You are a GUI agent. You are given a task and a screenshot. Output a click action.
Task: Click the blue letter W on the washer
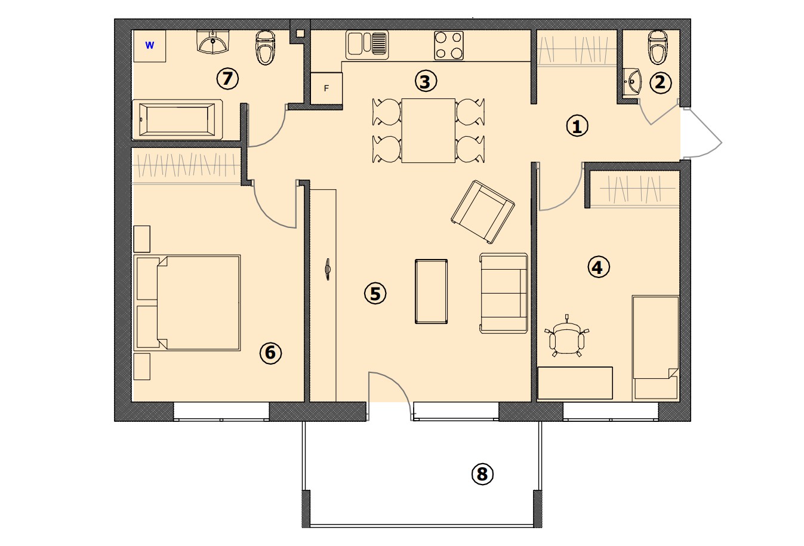pyautogui.click(x=150, y=45)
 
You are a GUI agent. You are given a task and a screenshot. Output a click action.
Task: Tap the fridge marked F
pyautogui.click(x=326, y=88)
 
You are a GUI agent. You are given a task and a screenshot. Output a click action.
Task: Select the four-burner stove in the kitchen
pyautogui.click(x=449, y=45)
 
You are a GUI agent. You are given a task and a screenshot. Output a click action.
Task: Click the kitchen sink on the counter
pyautogui.click(x=367, y=45)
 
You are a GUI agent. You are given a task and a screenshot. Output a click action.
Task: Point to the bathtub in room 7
pyautogui.click(x=177, y=119)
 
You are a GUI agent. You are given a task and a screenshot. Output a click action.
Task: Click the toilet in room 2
pyautogui.click(x=658, y=47)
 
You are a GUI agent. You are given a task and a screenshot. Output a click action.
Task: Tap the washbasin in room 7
pyautogui.click(x=213, y=42)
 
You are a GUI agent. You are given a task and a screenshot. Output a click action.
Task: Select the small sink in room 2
pyautogui.click(x=632, y=82)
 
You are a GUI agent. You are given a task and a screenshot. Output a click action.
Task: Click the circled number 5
pyautogui.click(x=375, y=294)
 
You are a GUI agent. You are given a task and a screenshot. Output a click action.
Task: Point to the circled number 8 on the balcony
pyautogui.click(x=482, y=474)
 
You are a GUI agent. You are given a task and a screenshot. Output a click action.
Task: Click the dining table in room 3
pyautogui.click(x=428, y=131)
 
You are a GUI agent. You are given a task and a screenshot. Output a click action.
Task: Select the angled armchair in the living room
pyautogui.click(x=483, y=212)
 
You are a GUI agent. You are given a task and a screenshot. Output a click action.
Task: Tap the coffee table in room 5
pyautogui.click(x=431, y=291)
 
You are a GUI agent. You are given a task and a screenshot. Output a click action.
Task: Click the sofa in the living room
pyautogui.click(x=504, y=293)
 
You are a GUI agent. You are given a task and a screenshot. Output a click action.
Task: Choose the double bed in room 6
pyautogui.click(x=187, y=303)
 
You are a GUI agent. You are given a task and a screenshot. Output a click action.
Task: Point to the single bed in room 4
pyautogui.click(x=655, y=347)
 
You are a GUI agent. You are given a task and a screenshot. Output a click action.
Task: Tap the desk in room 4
pyautogui.click(x=575, y=382)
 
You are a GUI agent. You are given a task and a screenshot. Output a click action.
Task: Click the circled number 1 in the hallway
pyautogui.click(x=577, y=126)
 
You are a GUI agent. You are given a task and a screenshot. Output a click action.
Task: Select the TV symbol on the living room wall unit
pyautogui.click(x=327, y=269)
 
